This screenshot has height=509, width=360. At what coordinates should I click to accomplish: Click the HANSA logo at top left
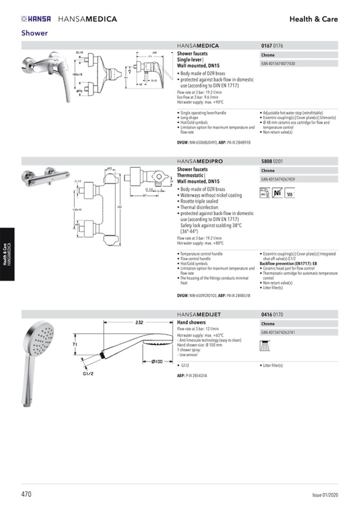(36, 19)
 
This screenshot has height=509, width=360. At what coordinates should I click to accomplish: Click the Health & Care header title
(313, 19)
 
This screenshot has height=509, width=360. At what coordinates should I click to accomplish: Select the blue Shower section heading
(35, 33)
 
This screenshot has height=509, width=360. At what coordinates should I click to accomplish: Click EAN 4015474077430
(278, 64)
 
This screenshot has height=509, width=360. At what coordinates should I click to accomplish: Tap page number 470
(27, 494)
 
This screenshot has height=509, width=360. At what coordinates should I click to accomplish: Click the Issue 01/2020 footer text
(324, 495)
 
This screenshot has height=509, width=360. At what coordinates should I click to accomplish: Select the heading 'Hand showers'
(191, 323)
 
